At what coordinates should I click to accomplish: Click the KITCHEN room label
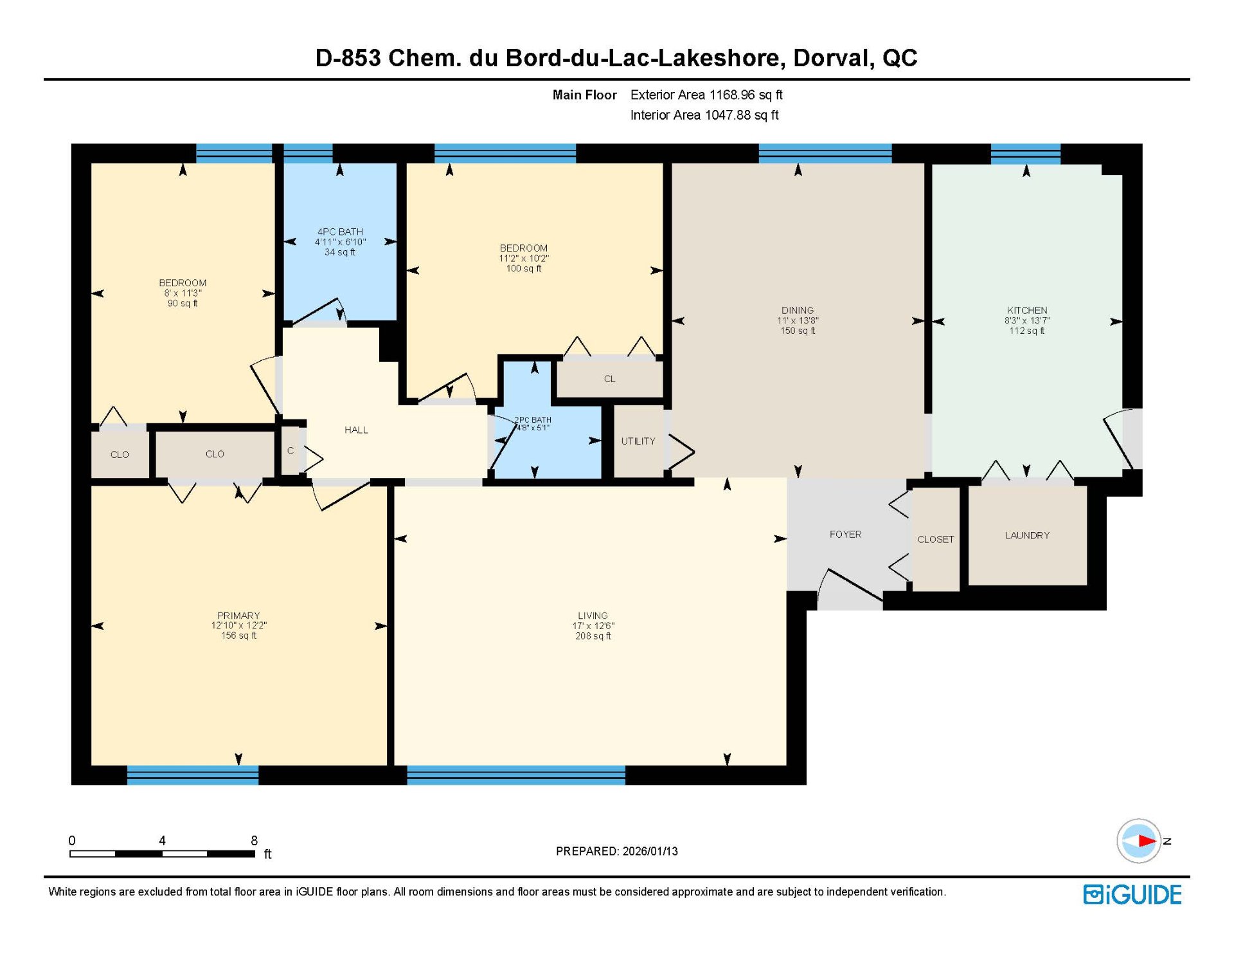click(x=1026, y=310)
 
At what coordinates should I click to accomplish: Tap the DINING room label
click(x=798, y=310)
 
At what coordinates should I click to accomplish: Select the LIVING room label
click(x=593, y=616)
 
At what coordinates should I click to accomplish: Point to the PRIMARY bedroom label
click(x=238, y=616)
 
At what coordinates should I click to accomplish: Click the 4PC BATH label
click(x=340, y=232)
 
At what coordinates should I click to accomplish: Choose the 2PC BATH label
click(x=532, y=420)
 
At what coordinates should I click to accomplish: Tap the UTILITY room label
click(x=638, y=441)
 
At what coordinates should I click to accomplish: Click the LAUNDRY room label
click(x=1027, y=535)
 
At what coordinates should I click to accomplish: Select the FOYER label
click(x=845, y=535)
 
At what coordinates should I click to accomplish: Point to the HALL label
click(x=356, y=430)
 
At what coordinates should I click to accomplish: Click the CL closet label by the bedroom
click(x=609, y=379)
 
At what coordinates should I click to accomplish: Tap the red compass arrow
click(x=1147, y=841)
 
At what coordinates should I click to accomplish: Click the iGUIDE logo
click(x=1132, y=895)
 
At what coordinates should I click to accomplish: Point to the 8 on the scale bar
click(x=254, y=840)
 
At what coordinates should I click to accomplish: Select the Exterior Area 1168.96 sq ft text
click(x=706, y=95)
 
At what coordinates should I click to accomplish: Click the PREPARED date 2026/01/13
click(x=650, y=851)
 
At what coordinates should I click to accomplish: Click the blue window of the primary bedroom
click(x=193, y=775)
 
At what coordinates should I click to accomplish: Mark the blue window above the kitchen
click(x=1026, y=154)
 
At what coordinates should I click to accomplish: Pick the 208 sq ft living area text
click(x=593, y=636)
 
